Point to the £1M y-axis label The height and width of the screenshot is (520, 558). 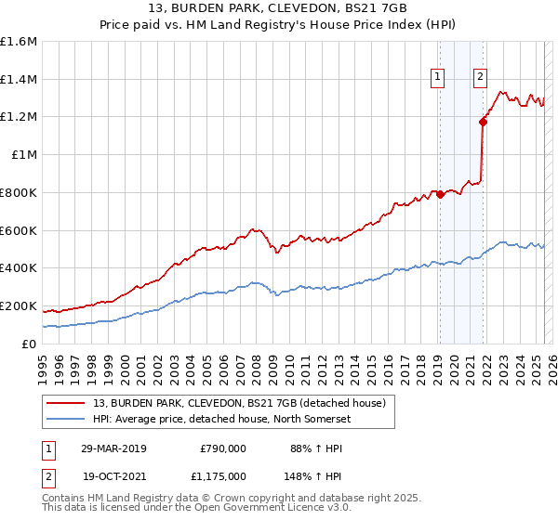coord(23,155)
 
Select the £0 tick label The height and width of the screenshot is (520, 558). coord(30,344)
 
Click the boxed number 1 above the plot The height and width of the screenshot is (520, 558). coord(437,78)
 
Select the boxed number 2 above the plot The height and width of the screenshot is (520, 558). coord(480,78)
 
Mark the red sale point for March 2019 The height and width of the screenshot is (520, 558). coord(440,194)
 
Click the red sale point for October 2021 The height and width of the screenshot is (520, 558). coord(483,121)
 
